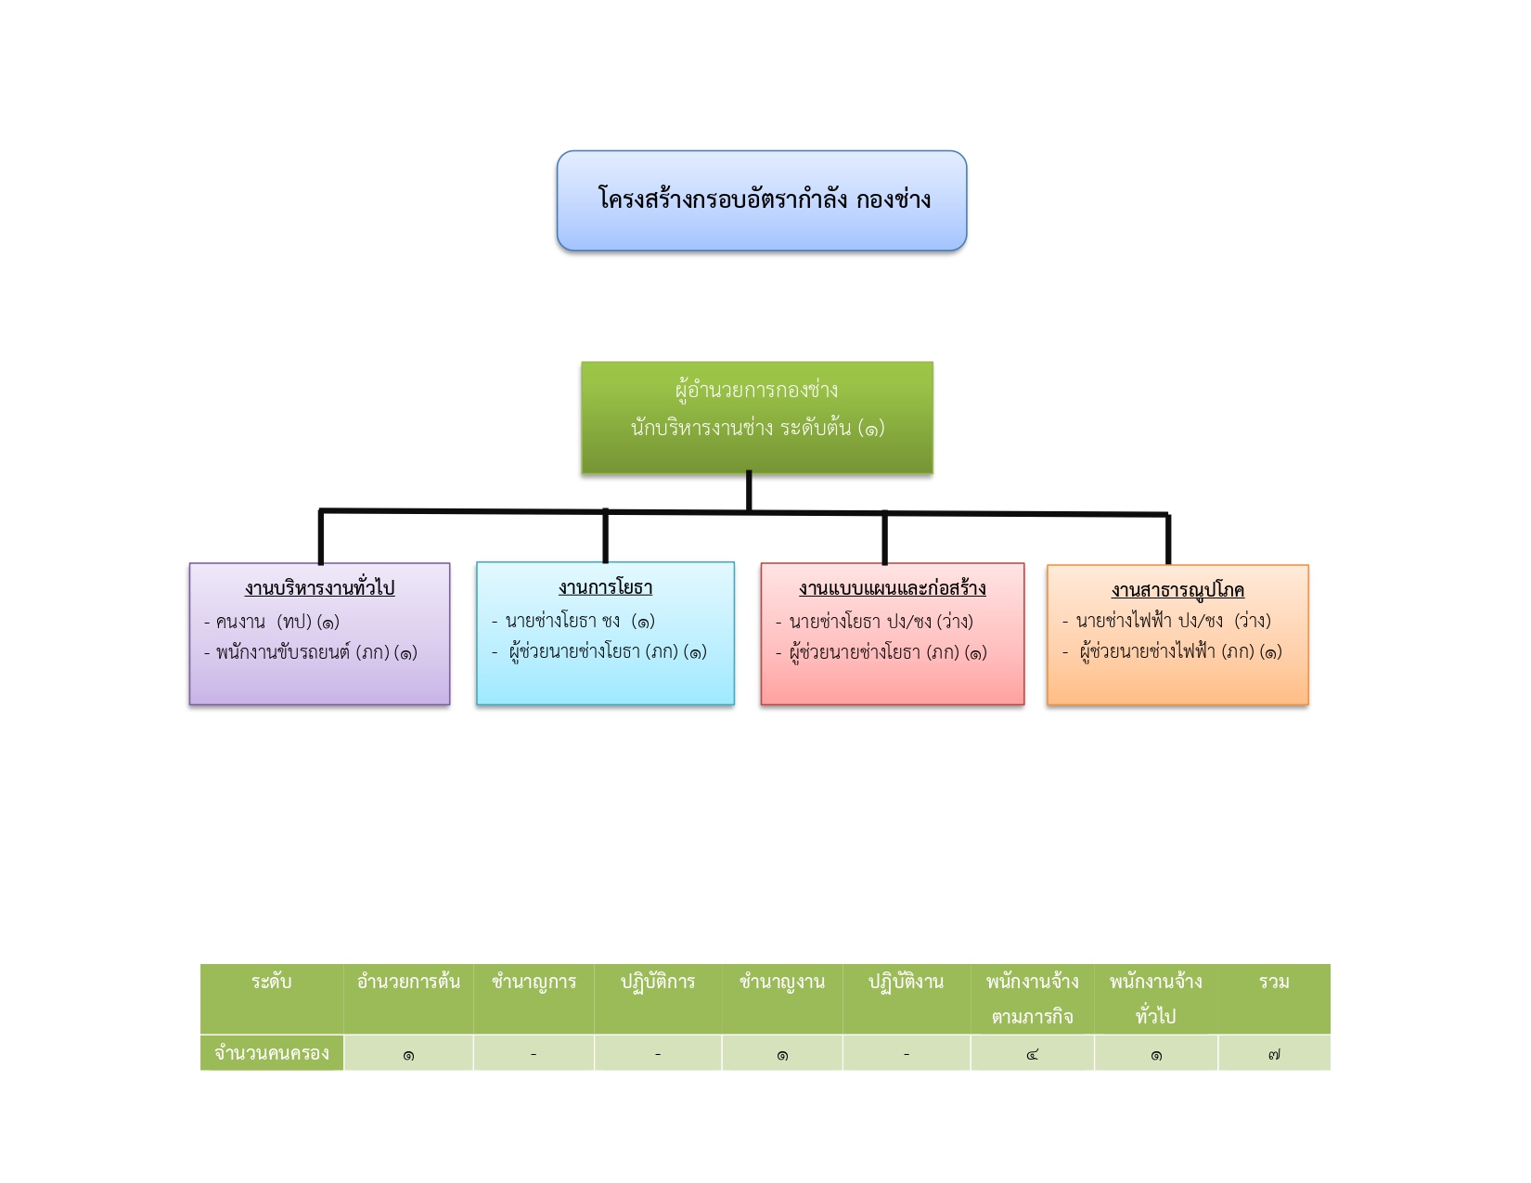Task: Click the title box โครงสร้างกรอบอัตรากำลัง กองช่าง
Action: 761,200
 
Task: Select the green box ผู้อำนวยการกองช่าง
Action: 757,418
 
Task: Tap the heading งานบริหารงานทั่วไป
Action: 319,587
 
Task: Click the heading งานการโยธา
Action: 605,587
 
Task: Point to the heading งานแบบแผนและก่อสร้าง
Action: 892,587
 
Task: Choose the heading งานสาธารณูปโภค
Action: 1177,590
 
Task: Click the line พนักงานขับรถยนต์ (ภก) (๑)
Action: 311,652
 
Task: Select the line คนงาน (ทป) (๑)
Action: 271,622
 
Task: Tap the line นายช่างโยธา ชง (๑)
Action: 573,621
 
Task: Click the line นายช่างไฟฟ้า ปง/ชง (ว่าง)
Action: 1166,620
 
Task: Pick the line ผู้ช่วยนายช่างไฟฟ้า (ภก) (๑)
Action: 1173,651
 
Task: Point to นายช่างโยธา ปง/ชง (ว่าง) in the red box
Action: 874,622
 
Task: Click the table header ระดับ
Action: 271,982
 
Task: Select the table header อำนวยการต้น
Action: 408,982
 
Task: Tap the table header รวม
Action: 1274,982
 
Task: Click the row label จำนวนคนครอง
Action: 271,1053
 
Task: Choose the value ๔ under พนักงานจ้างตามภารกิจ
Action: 1032,1054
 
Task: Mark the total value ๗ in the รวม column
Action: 1274,1054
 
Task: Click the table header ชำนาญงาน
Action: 782,983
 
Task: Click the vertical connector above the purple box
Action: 320,537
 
